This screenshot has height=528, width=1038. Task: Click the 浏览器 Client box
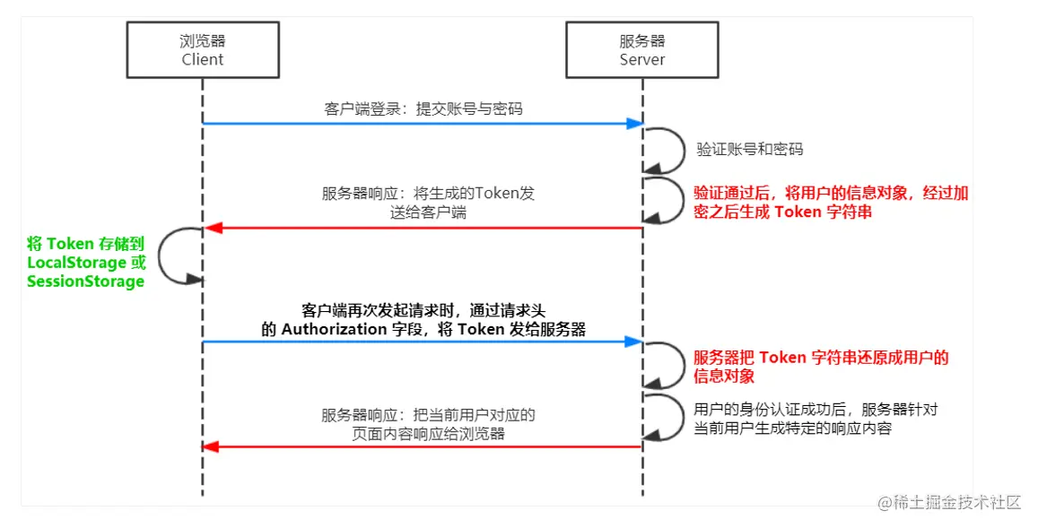coord(203,50)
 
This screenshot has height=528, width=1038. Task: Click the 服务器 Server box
coord(642,50)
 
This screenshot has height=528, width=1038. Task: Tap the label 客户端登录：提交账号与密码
coord(423,108)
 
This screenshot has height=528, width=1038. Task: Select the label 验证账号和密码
coord(751,149)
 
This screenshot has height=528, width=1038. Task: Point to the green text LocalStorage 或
coord(86,263)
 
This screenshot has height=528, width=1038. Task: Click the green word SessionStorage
coord(85,281)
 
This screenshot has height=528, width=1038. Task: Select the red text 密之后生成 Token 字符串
coord(783,212)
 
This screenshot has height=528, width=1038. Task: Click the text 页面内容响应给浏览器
coord(429,434)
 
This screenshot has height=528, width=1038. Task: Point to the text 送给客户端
coord(429,212)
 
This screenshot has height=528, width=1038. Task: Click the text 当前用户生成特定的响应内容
coord(793,428)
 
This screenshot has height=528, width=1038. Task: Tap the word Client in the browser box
coord(203,60)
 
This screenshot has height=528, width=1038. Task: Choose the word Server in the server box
coord(642,60)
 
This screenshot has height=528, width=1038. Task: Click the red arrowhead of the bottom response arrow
coord(211,446)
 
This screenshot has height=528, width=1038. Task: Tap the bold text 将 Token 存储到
coord(85,243)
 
